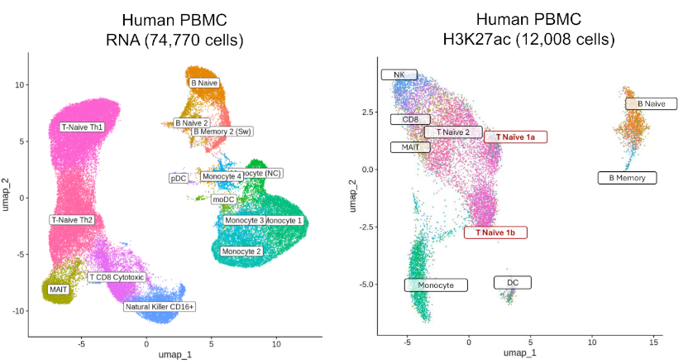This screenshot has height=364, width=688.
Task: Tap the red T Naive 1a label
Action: pyautogui.click(x=515, y=136)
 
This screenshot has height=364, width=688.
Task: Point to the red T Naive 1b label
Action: pyautogui.click(x=495, y=232)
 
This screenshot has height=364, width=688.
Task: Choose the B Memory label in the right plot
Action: pyautogui.click(x=627, y=178)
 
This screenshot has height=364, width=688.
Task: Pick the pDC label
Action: pyautogui.click(x=178, y=178)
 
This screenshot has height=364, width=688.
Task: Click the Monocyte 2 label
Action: pyautogui.click(x=243, y=250)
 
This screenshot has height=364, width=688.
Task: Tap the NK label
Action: pyautogui.click(x=399, y=75)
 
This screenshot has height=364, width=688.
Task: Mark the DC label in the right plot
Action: pyautogui.click(x=513, y=283)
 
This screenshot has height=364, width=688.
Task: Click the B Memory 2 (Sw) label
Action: pyautogui.click(x=222, y=131)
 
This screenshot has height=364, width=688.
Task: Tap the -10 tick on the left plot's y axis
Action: pyautogui.click(x=18, y=311)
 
